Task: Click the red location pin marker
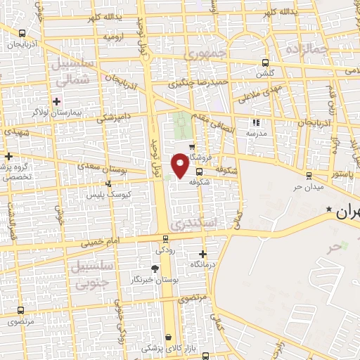tap(180, 165)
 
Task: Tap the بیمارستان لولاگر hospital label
tap(57, 112)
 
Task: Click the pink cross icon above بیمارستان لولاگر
tap(56, 101)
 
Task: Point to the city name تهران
tap(347, 212)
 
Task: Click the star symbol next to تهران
tap(328, 210)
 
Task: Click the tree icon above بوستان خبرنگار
tap(155, 268)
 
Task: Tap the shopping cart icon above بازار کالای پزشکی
tap(168, 337)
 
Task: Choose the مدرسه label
tap(256, 133)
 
